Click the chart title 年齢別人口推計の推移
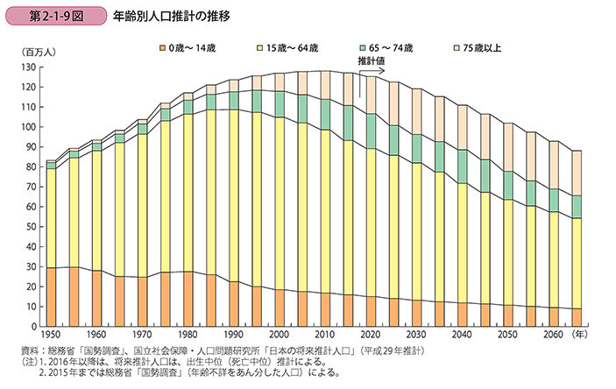173,16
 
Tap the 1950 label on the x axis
51,336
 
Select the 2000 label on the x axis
279,336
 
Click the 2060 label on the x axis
552,336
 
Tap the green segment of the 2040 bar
462,166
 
